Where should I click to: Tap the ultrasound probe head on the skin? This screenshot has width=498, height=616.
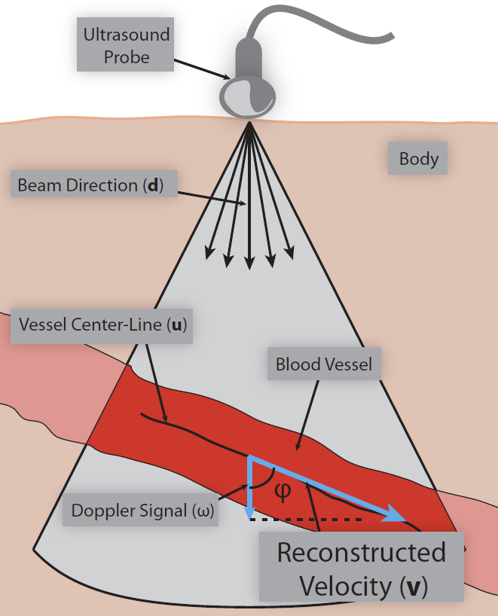(248, 95)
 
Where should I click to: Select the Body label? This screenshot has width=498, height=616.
(419, 160)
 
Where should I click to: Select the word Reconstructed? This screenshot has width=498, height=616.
(361, 552)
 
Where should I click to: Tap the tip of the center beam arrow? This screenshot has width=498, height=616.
(249, 266)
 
